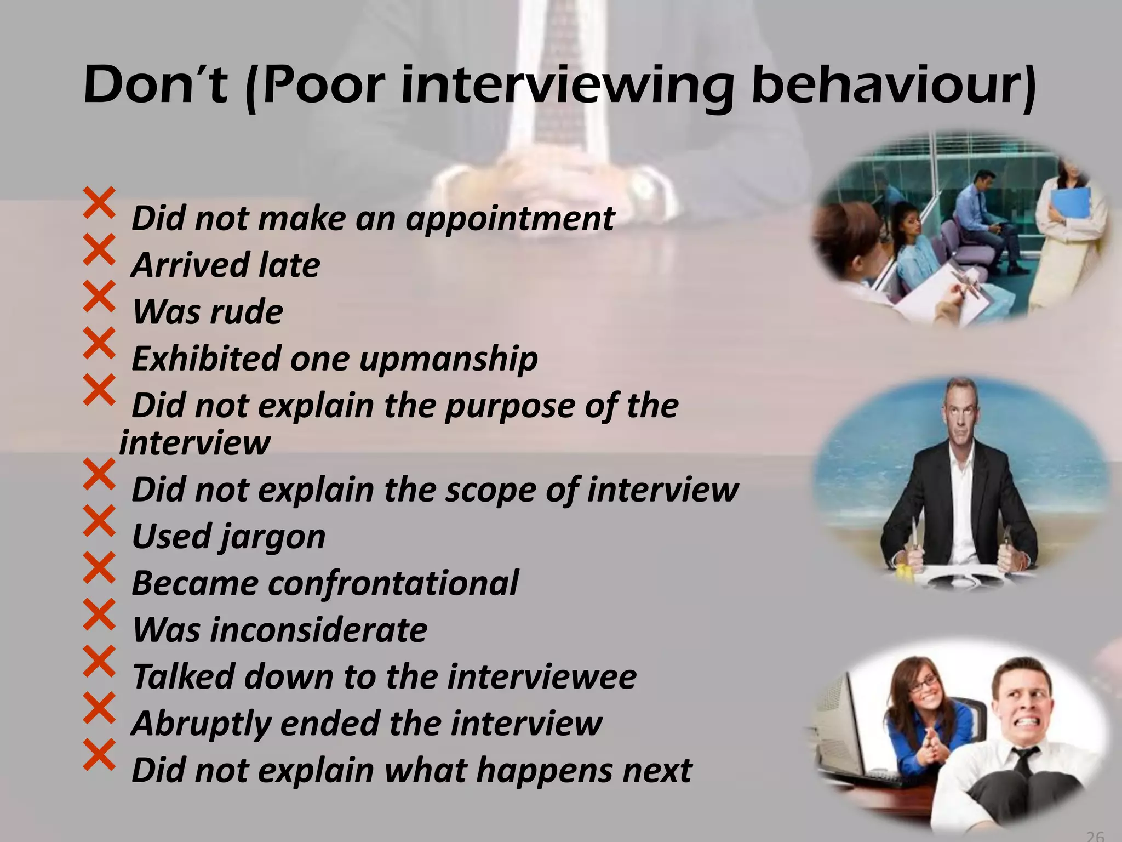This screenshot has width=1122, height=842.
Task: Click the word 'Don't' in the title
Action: pos(156,86)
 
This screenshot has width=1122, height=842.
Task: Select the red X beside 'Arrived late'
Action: pos(99,249)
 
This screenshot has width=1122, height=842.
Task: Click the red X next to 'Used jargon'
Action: pos(99,521)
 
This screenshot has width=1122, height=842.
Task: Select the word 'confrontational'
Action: pos(393,583)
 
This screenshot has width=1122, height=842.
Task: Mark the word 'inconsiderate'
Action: pos(319,630)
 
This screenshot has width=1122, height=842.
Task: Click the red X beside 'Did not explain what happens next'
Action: pos(99,754)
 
